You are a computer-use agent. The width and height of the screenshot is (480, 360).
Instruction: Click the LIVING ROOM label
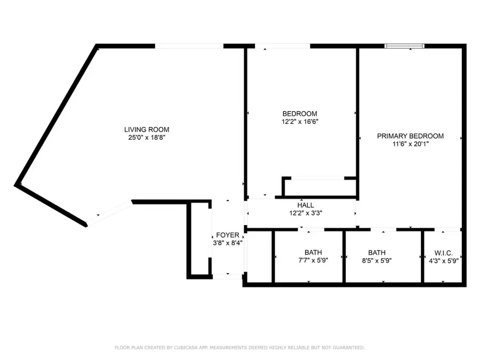tap(147, 130)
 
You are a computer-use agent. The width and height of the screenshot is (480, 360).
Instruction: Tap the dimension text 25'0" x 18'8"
tap(147, 138)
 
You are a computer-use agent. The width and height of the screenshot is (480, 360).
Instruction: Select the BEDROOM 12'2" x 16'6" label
tap(300, 114)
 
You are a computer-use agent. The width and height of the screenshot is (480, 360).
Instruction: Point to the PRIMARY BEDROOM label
tap(410, 136)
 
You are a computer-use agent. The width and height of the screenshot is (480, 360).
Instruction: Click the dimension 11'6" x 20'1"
tap(410, 144)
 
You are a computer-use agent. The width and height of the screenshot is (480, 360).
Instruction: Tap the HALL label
tap(306, 205)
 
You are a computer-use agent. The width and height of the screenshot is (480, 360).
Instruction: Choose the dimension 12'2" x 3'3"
tap(306, 213)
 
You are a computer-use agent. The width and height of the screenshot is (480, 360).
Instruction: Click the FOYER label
tap(228, 235)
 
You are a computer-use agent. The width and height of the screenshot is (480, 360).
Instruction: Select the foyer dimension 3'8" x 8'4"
tap(228, 243)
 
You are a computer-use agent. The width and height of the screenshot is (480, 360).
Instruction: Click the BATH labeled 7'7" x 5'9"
tap(314, 253)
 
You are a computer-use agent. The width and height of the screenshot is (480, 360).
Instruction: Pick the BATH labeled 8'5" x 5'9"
tap(377, 253)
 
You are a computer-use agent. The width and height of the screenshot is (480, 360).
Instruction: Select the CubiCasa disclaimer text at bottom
tap(240, 348)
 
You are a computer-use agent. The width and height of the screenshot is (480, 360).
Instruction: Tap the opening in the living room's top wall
tap(189, 46)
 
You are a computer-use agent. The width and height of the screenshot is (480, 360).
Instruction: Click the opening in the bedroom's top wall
tap(283, 46)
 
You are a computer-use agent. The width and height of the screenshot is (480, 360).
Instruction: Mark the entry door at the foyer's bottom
tap(227, 276)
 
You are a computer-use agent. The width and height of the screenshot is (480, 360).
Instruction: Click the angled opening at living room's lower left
tap(109, 213)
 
